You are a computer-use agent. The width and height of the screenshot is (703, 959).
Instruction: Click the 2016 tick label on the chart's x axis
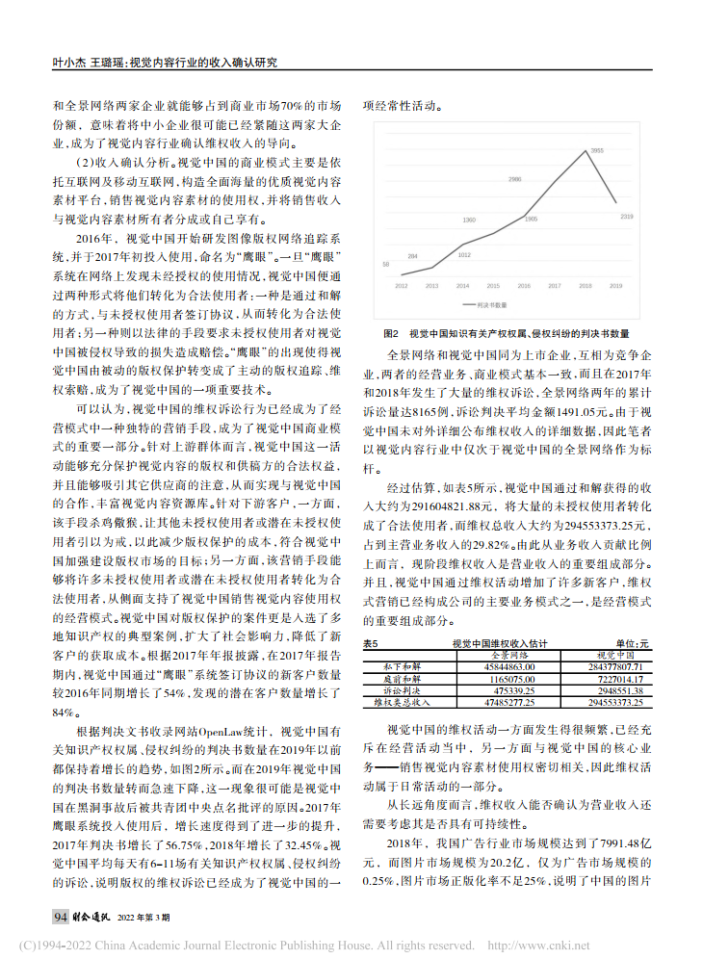coord(524,286)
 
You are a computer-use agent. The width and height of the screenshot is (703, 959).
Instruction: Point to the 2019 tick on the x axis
coord(616,286)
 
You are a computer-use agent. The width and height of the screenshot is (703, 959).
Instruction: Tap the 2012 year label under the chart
coord(401,286)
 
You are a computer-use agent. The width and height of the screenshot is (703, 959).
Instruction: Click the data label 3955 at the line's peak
coord(597,151)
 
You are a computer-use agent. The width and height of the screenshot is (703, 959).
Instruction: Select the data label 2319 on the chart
coord(627,217)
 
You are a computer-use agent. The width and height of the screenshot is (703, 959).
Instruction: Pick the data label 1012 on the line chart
coord(464,254)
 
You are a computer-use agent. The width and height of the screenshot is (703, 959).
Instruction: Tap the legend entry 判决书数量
coord(496,303)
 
